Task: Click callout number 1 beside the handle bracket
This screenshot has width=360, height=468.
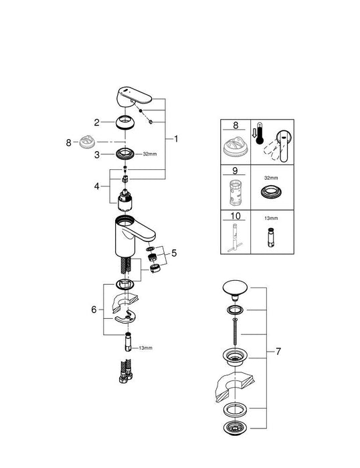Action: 175,139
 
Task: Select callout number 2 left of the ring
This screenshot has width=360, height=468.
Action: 97,122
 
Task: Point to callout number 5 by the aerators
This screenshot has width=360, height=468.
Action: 174,253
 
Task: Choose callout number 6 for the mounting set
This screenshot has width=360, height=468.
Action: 93,310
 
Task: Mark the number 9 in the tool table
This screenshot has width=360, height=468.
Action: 234,170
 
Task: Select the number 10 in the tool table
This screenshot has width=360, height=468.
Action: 235,217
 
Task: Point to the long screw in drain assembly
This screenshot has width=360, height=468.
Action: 234,329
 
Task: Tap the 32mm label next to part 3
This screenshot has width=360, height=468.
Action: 149,154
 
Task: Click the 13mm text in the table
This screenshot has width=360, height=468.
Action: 270,218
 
